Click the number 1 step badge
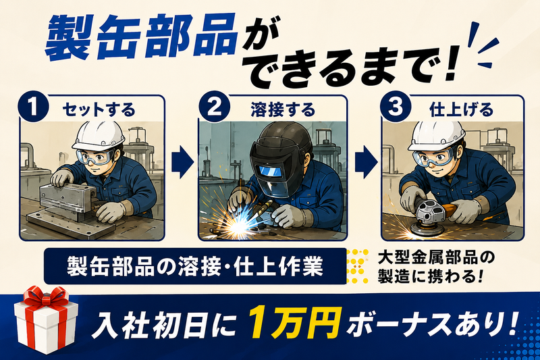point(33,107)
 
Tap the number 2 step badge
point(215,107)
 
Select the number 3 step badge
point(396,107)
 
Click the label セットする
point(99,110)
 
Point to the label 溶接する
point(283,110)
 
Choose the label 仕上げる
point(462,110)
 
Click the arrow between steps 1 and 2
point(182,162)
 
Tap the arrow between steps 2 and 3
point(366,162)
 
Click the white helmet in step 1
point(99,135)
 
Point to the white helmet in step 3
point(436,135)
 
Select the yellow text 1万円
point(295,322)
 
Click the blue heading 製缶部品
point(142,37)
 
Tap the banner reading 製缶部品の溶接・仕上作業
point(195,266)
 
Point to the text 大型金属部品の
point(436,258)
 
